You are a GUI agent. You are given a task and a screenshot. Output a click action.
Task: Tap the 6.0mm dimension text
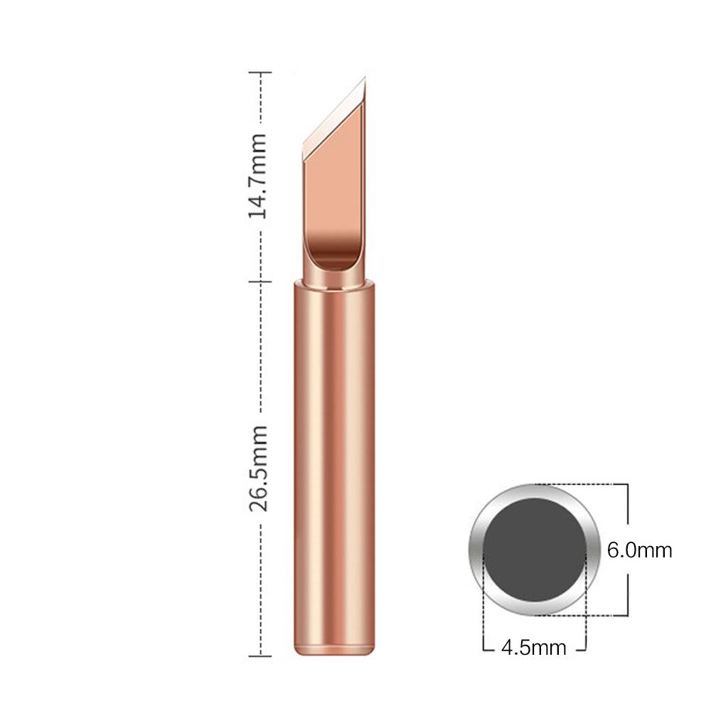pos(639,550)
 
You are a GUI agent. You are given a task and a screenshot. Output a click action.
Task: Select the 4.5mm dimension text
pos(533,648)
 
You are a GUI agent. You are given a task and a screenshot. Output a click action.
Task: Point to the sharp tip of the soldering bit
pos(364,79)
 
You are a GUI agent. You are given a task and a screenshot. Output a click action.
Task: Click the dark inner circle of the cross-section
pos(535,549)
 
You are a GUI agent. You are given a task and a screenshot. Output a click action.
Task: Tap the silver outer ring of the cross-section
pos(476,550)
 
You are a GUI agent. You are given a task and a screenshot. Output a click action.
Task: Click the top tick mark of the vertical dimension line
pos(261,73)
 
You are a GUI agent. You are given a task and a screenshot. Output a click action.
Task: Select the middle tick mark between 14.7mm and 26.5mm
pos(261,282)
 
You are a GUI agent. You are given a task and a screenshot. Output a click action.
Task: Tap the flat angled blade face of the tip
pos(334,178)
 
